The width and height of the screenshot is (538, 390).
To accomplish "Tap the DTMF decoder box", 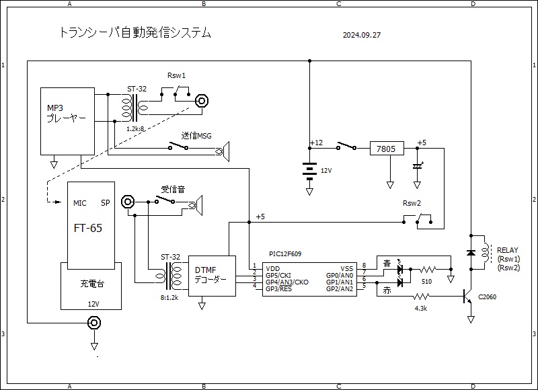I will [x=212, y=276].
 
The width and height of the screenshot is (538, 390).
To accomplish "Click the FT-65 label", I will [x=88, y=229].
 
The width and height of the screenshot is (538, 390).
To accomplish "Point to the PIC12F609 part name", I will [x=284, y=254].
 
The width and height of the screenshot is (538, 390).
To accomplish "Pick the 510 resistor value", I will [x=427, y=282].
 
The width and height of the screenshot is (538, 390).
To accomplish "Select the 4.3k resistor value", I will [x=422, y=308].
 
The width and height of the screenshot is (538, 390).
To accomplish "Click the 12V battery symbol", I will [x=309, y=171].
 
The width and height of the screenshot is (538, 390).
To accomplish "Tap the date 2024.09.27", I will [x=362, y=35].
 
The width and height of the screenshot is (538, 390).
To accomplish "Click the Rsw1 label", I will [x=176, y=76].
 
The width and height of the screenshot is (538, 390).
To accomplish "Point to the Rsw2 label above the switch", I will [x=412, y=204].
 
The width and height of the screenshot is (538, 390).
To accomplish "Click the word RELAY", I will [x=508, y=250].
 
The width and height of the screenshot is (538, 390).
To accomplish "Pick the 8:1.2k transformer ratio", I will [x=169, y=295].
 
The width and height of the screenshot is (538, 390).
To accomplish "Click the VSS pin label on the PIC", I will [x=347, y=267].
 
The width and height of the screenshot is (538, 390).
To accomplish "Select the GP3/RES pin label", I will [x=278, y=288].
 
